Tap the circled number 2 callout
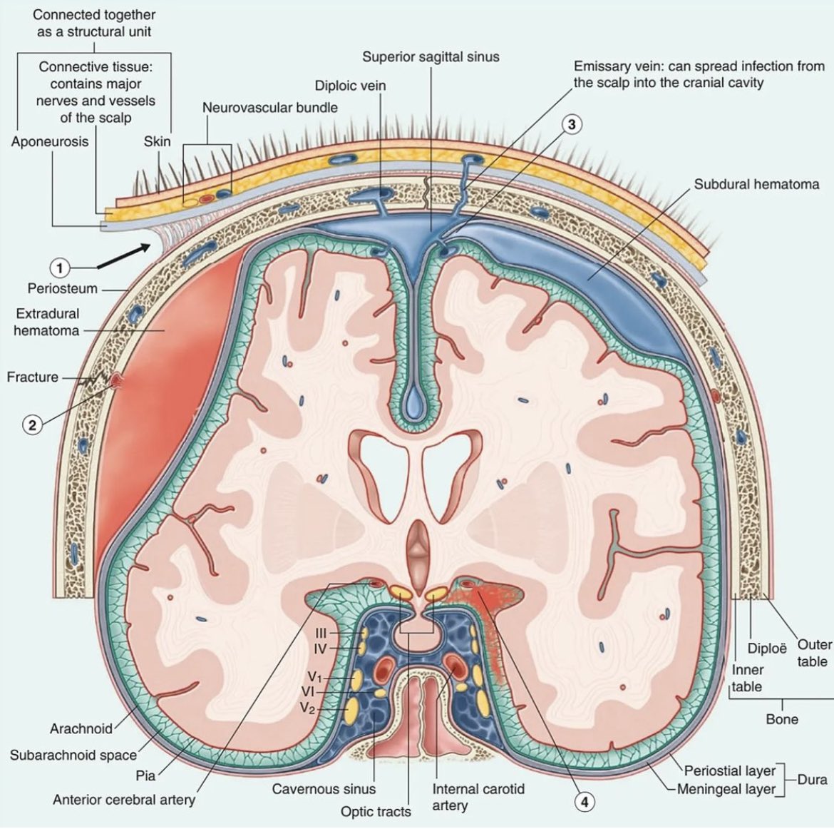[x=31, y=424]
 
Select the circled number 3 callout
[x=571, y=124]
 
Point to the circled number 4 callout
[x=585, y=802]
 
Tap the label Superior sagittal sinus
[x=431, y=56]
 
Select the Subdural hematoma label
[x=756, y=184]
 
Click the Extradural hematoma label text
[x=47, y=322]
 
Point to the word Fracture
[x=33, y=377]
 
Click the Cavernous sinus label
[x=324, y=789]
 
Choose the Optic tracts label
[x=376, y=811]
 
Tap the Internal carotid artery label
[x=478, y=797]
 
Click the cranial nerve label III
[x=320, y=633]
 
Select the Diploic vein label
[x=350, y=86]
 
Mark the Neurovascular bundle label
[x=270, y=108]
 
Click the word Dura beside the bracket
[x=812, y=780]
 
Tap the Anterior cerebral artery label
[x=123, y=800]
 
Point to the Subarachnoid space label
[x=73, y=754]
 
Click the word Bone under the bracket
[x=782, y=719]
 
